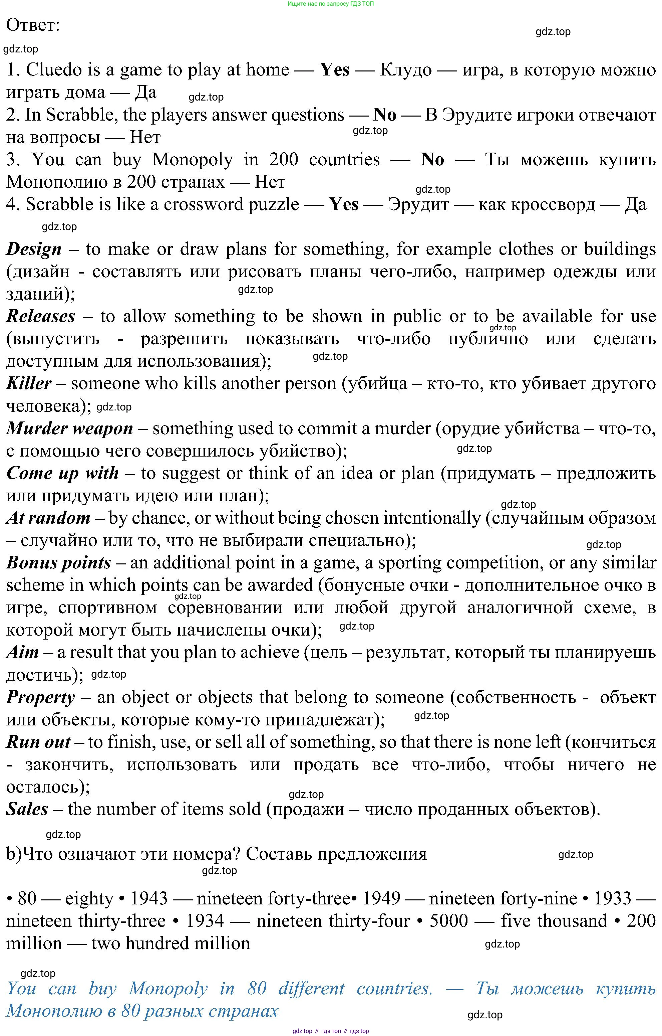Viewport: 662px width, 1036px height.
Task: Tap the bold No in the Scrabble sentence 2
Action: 385,115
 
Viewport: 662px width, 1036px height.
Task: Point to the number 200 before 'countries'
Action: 283,160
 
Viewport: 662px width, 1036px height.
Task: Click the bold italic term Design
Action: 34,249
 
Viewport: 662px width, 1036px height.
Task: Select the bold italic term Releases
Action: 41,317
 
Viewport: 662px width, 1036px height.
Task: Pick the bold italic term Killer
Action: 29,384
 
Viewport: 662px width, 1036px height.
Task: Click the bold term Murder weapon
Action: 70,428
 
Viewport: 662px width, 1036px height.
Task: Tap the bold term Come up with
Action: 63,473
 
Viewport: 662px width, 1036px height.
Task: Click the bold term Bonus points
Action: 59,563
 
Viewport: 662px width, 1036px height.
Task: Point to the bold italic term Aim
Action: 23,652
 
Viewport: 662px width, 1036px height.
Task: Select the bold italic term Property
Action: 41,697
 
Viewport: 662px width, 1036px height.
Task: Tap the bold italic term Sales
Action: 27,809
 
